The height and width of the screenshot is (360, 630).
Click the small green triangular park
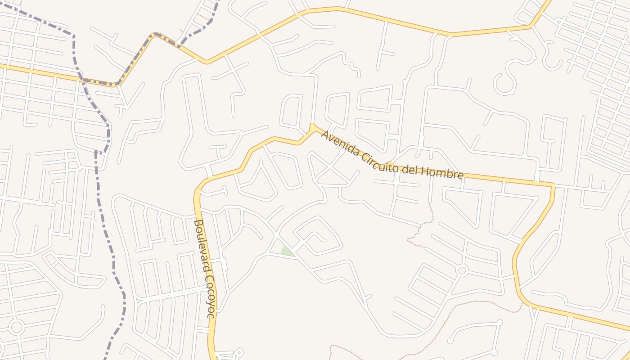287,251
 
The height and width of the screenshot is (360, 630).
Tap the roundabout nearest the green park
461,270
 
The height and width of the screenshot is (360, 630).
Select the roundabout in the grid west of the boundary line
16,327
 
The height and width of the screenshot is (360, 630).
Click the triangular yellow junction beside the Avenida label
312,129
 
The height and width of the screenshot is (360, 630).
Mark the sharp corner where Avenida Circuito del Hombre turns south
553,184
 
